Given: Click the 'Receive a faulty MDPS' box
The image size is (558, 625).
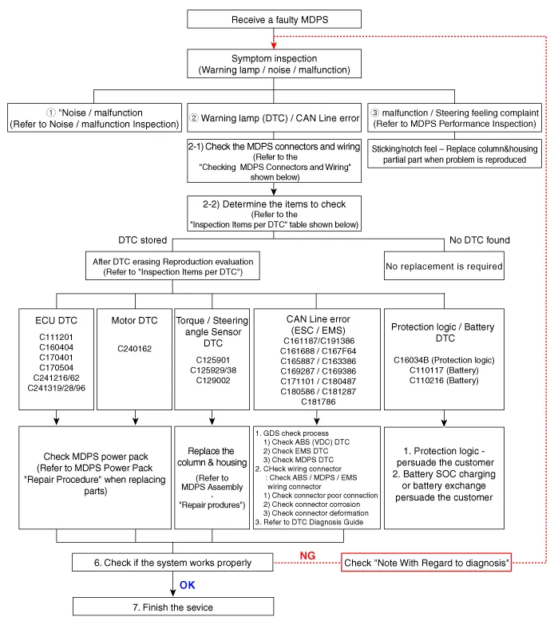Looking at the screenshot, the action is coord(275,19).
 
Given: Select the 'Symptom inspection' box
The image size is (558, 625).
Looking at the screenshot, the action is coord(275,63).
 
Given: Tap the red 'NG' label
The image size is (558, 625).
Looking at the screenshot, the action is coord(307,556).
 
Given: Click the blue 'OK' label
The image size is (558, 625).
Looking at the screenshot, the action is coord(187,585).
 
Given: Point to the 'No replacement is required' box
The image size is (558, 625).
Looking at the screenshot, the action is coord(444,266).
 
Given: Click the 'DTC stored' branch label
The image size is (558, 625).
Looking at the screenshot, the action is coord(142,240).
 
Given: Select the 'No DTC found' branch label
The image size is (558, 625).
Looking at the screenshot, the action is coord(480,240).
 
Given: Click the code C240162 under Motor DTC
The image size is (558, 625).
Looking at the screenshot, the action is coord(134,349).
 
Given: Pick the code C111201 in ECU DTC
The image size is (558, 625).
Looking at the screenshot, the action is coord(56,337).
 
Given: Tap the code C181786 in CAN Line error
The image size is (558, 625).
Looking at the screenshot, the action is coord(318,402).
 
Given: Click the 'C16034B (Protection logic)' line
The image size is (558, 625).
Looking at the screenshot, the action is coord(444,360).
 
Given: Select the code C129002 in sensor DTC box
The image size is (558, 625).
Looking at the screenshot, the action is coord(213,380).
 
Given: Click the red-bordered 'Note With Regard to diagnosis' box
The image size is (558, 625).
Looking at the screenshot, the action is coord(426,563).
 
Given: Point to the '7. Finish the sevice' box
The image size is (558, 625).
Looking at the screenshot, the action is coord(173,607).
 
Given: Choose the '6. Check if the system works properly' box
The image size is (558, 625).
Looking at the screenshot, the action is coord(172,563).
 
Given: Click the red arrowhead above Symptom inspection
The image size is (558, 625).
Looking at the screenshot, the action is coord(274,45).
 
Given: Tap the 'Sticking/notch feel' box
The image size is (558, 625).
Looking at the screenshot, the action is coord(454,153).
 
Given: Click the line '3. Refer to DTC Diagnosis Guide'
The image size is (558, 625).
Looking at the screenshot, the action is coord(309,522).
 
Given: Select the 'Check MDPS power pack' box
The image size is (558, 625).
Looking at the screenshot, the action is coord(95,477).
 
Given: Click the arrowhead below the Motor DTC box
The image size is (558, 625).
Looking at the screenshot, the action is coord(136,421).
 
